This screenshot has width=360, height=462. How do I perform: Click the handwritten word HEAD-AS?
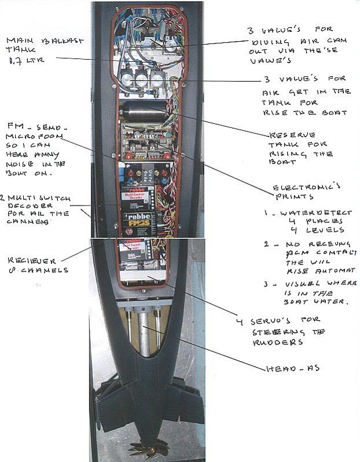(x=292, y=367)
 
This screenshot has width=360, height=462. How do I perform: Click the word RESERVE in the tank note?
(x=289, y=133)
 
